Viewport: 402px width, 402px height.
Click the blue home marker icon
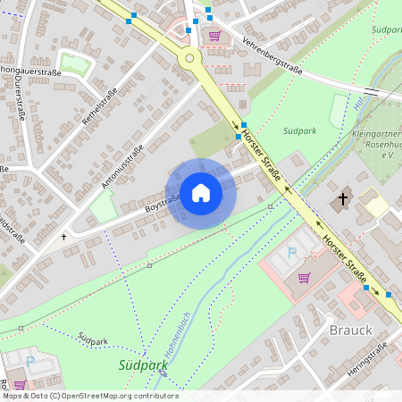[x=201, y=192]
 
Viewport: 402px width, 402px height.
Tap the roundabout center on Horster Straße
[x=188, y=58]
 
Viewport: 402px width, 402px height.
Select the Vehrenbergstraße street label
[x=272, y=58]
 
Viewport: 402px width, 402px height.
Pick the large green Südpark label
[x=143, y=364]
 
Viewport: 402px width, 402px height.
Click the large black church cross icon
[x=343, y=200]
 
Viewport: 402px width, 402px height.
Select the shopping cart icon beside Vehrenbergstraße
[x=214, y=36]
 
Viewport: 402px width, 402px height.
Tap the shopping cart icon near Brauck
[x=305, y=277]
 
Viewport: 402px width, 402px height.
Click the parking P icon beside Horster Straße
[x=291, y=254]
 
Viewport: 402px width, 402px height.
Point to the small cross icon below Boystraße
[x=63, y=238]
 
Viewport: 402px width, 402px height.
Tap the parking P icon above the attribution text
[x=30, y=362]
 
